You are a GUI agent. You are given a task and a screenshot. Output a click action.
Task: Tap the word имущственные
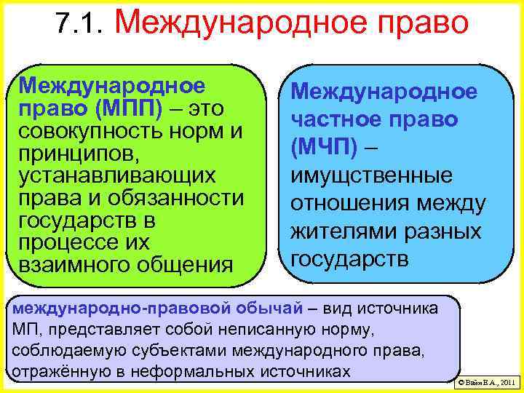click(371, 175)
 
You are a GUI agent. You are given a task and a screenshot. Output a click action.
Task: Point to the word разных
click(445, 231)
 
